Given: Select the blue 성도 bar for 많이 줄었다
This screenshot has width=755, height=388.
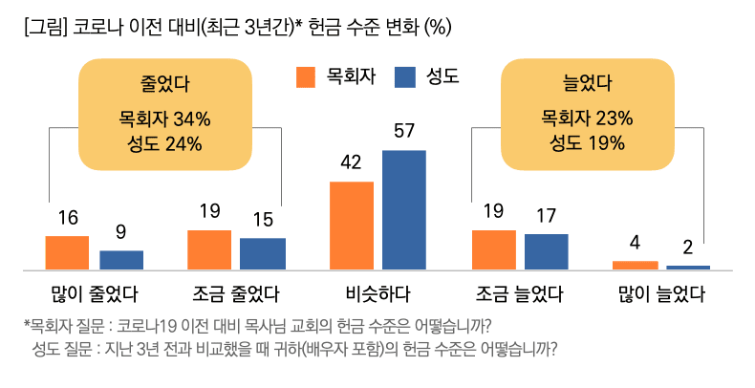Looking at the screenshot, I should (121, 260).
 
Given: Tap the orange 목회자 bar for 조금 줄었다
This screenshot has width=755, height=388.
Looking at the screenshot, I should (208, 249).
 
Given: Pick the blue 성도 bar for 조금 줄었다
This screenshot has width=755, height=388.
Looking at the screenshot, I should (263, 253).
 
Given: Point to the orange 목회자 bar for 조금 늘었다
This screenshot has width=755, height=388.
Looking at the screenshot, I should (493, 249).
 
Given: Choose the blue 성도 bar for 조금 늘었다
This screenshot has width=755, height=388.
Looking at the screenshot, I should (547, 251).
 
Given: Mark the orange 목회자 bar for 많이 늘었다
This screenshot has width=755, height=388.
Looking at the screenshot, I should (635, 265).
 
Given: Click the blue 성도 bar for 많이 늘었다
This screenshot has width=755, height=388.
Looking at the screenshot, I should (688, 267).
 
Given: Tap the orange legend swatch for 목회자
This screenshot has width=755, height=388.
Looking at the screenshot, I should (306, 76).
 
